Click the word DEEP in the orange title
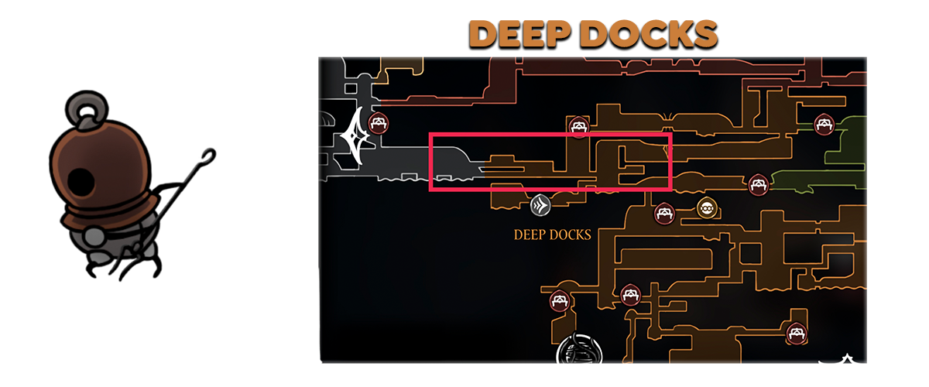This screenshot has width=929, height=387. [516, 34]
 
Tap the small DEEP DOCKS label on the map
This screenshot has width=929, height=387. [552, 234]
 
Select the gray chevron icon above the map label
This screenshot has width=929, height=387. [540, 205]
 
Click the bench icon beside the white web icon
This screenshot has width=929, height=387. [378, 122]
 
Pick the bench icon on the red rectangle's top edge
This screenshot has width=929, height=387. [578, 126]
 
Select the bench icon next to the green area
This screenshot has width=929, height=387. [823, 123]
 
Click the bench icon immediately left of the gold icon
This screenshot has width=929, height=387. [663, 213]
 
